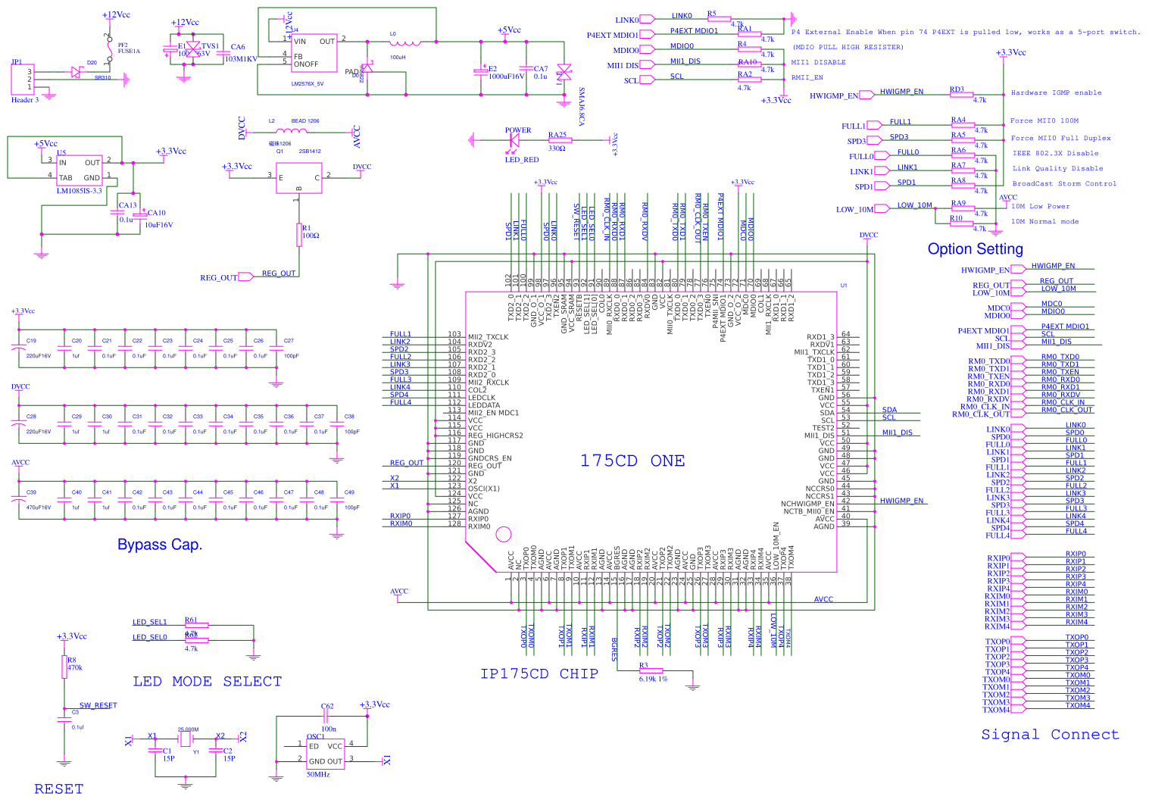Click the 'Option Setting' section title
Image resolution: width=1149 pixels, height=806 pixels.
(975, 249)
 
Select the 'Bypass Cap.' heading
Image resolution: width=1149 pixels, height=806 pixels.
(160, 545)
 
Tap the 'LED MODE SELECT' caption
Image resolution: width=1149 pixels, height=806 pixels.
(207, 682)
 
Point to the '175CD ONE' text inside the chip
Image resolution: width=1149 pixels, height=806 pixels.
(632, 461)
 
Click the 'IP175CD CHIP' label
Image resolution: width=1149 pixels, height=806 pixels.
(539, 673)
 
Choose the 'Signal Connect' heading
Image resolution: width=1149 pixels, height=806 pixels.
(1050, 734)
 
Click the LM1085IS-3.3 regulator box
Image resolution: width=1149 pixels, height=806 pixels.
(80, 170)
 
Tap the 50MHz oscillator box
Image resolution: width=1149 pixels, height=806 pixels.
(325, 754)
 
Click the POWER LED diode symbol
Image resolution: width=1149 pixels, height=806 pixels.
(515, 140)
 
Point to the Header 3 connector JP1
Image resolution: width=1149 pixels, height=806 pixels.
(23, 80)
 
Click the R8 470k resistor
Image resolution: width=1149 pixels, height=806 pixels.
(64, 667)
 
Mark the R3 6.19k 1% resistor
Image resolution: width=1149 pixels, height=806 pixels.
(651, 670)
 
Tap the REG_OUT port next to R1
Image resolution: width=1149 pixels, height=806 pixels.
(245, 277)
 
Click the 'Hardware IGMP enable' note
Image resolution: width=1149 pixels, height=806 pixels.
(1056, 93)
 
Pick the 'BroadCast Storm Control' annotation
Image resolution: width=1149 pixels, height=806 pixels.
(1064, 184)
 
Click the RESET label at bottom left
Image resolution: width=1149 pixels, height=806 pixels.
(59, 789)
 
